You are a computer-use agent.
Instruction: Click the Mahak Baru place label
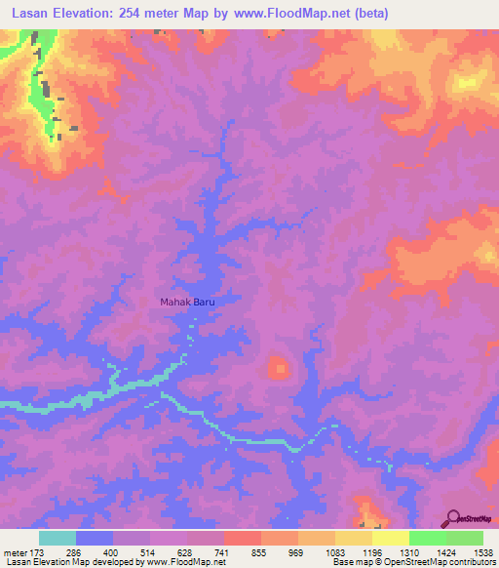click(186, 303)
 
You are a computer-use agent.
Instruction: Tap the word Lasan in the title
click(32, 14)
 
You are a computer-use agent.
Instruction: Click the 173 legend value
click(33, 553)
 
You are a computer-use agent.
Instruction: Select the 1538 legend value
click(483, 553)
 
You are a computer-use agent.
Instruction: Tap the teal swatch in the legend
click(58, 538)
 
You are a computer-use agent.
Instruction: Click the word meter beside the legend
click(13, 553)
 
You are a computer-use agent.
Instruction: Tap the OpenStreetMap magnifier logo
click(453, 517)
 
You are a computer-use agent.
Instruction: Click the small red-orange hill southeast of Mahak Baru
click(280, 368)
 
